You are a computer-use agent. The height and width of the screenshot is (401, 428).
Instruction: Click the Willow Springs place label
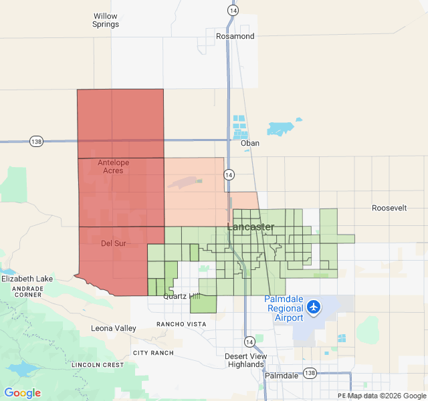(106, 20)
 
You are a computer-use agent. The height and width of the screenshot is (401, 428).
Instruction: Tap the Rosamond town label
(235, 36)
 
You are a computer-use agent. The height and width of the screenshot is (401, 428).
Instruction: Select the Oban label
(249, 143)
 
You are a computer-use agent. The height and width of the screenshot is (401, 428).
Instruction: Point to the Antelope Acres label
(110, 166)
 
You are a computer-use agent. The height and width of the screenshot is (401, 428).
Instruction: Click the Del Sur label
(113, 243)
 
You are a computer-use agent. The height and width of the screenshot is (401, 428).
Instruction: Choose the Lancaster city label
(251, 227)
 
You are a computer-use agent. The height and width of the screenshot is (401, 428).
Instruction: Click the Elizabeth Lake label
(27, 279)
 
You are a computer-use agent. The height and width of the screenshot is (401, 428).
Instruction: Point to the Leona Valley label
(113, 328)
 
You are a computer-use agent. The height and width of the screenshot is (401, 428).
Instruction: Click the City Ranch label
(153, 353)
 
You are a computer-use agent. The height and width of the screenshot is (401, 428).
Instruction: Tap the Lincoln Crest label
(98, 365)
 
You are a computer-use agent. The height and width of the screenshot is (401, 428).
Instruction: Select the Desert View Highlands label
(245, 360)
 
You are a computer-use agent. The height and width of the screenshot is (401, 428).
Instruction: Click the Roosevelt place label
(389, 209)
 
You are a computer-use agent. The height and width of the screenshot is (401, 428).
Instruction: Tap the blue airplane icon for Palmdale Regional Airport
(314, 307)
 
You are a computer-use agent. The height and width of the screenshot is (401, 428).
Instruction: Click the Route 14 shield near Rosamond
(232, 11)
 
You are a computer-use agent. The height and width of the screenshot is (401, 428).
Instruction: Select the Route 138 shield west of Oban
(36, 142)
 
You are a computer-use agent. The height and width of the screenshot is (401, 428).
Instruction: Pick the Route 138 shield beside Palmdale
(309, 373)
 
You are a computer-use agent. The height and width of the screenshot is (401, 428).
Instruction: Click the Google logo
(22, 393)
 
